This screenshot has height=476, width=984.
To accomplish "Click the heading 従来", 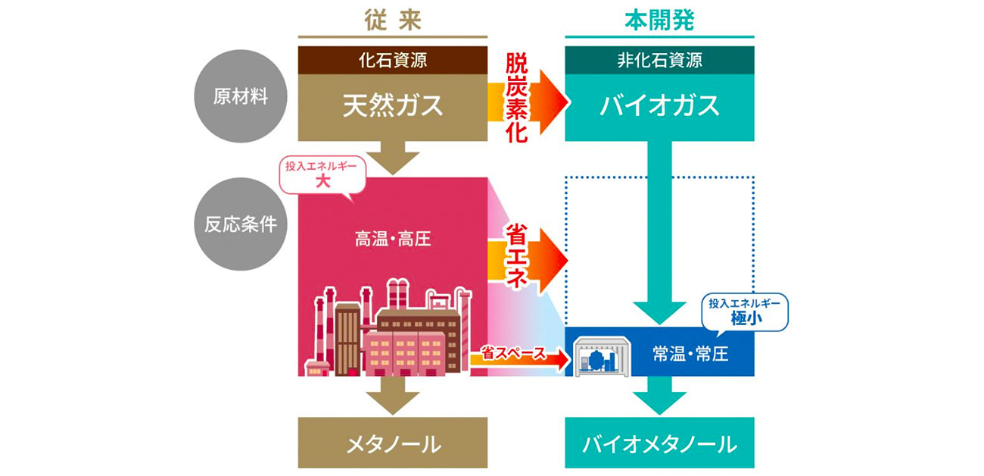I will (x=393, y=20).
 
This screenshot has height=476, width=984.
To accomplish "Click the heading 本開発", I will (x=659, y=20).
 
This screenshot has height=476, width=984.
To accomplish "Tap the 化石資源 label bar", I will (x=393, y=61).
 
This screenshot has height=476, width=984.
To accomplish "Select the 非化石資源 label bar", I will (x=659, y=61).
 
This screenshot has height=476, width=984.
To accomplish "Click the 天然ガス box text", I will (x=393, y=106).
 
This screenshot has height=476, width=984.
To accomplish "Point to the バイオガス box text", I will (x=659, y=106).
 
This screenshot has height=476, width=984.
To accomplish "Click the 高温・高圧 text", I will (x=393, y=240).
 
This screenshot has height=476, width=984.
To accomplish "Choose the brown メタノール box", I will (x=393, y=443).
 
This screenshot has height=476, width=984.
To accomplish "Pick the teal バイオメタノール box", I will (x=659, y=443).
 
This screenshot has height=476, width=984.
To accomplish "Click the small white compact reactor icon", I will (x=603, y=354).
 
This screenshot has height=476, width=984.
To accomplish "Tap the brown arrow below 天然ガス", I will (x=393, y=158).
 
